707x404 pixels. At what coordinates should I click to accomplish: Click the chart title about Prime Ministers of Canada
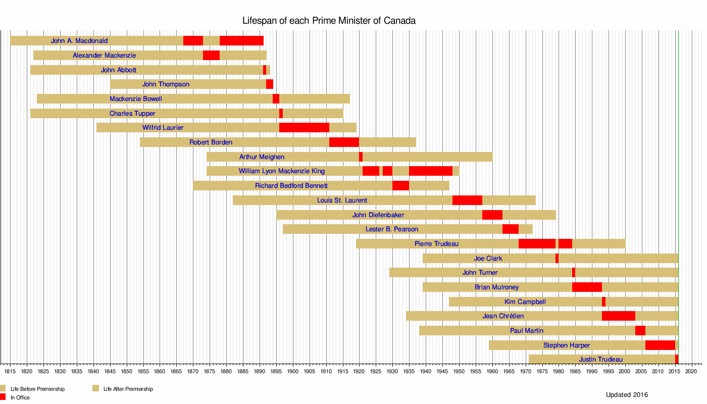(x=329, y=21)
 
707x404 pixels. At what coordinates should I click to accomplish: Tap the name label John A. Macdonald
(x=79, y=40)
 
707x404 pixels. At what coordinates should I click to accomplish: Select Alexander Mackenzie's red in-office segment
(x=211, y=55)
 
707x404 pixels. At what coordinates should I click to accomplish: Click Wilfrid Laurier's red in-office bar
(x=304, y=127)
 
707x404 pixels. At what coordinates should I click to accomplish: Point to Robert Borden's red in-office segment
(x=344, y=142)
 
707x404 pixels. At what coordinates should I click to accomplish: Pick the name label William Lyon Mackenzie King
(x=282, y=171)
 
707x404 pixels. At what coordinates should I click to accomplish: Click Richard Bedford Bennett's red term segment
(x=400, y=186)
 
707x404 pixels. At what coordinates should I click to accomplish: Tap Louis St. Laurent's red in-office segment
(x=467, y=200)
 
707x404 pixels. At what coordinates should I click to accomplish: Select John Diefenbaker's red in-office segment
(x=492, y=215)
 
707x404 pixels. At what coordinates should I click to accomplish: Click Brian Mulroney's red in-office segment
(x=587, y=287)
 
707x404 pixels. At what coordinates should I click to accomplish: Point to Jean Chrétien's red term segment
(x=618, y=316)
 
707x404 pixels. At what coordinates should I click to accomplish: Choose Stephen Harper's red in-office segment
(x=660, y=345)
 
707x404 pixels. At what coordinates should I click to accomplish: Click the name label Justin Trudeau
(x=601, y=360)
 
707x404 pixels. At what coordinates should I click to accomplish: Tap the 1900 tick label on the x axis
(x=292, y=372)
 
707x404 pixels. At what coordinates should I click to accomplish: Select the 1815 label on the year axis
(x=10, y=372)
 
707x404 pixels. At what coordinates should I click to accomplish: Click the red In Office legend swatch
(x=3, y=397)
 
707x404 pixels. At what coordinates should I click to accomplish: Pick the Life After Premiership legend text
(x=128, y=389)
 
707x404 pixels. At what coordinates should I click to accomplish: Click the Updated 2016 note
(x=627, y=395)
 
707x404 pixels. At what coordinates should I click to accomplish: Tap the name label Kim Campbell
(x=525, y=302)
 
